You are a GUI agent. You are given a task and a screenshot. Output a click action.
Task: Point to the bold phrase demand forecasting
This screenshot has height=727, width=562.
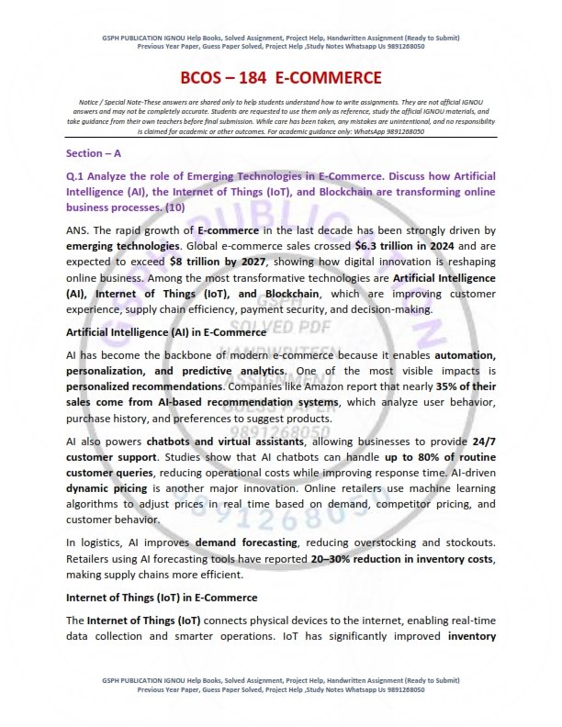[x=237, y=542]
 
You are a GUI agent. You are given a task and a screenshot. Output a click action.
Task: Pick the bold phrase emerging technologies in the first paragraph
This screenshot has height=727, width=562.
[x=120, y=246]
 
